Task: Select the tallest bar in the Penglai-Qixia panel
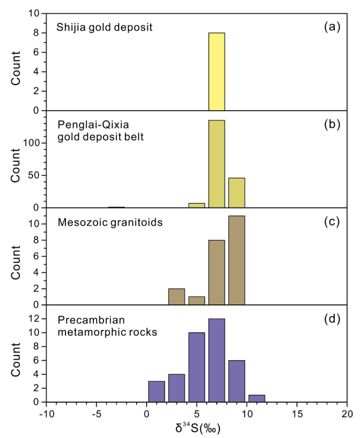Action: (x=216, y=164)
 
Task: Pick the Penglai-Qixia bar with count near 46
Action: (x=236, y=192)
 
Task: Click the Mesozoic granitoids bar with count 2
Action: (x=176, y=296)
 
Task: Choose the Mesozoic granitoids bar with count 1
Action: (x=197, y=300)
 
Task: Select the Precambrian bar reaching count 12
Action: (x=216, y=360)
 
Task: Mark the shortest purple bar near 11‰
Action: (x=256, y=398)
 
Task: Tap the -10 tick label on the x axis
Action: (x=46, y=415)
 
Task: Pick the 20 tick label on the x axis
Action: (x=347, y=415)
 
